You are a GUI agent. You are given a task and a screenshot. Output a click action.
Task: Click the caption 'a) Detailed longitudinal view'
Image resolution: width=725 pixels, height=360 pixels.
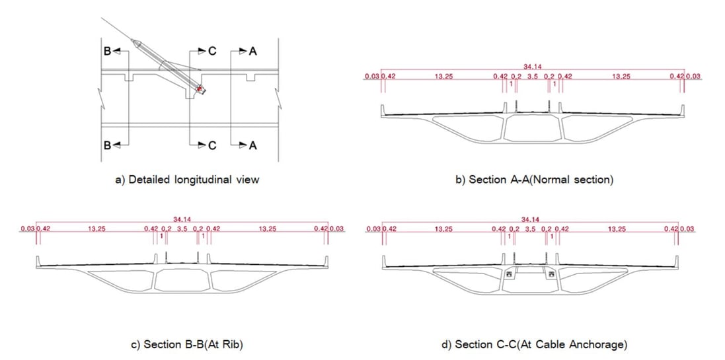187,179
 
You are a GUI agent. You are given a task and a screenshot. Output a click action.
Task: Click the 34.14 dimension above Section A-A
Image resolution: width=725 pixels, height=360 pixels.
532,67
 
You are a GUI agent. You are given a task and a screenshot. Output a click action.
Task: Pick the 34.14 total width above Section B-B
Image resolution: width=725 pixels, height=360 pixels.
182,219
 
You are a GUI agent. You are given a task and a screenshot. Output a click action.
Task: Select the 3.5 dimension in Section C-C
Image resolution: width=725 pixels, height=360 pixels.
531,229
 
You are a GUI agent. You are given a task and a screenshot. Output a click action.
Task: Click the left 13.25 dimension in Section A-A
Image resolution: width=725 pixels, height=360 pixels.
443,77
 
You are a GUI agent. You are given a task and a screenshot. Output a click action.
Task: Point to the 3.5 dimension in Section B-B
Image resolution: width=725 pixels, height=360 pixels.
182,229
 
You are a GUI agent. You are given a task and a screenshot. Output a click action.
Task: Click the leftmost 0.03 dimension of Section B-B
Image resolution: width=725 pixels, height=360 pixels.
26,229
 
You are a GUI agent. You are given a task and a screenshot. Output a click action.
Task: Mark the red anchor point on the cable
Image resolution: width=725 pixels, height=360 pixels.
199,87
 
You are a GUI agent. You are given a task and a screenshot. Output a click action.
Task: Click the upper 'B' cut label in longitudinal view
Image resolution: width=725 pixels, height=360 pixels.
105,52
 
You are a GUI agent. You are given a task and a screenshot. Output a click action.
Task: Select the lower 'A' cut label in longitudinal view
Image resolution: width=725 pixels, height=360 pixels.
252,146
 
